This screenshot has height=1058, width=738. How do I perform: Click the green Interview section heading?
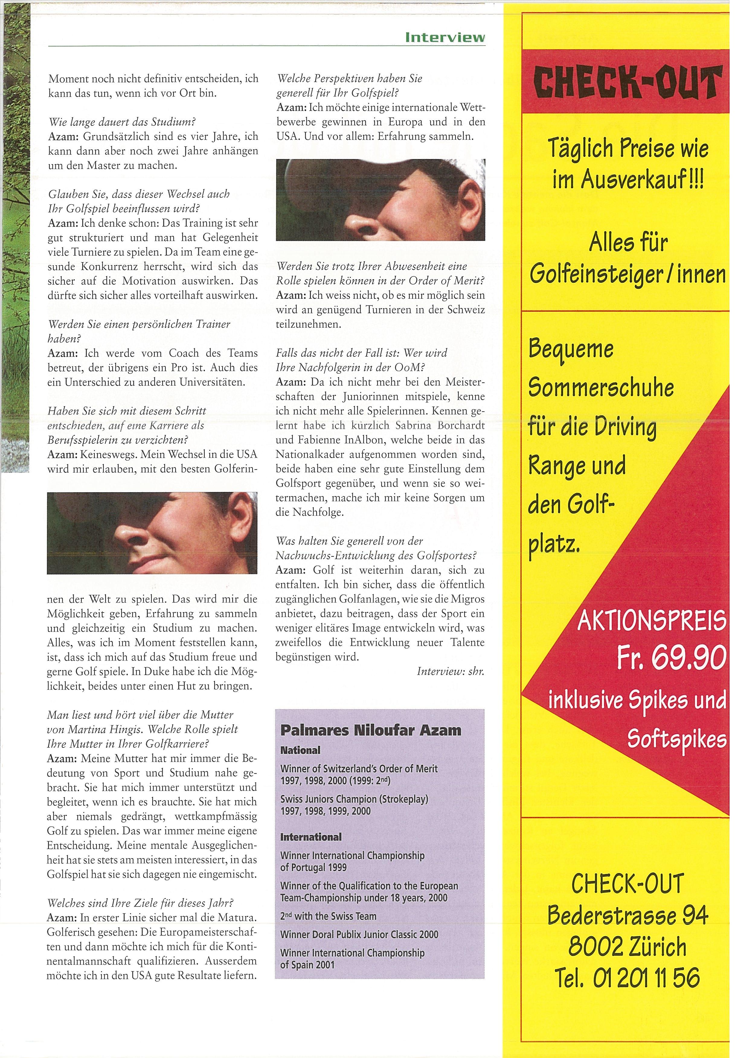click(x=445, y=37)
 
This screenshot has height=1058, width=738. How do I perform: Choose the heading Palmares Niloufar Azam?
click(x=371, y=730)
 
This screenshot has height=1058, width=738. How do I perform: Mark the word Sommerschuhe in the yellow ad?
click(x=601, y=388)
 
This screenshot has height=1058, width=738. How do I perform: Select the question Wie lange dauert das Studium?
click(x=122, y=122)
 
